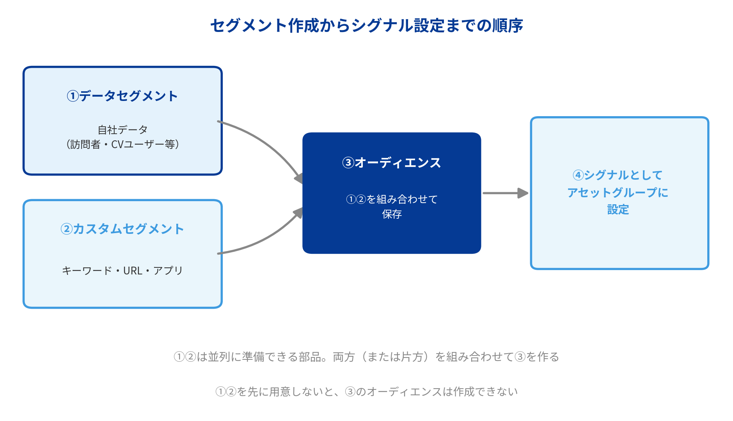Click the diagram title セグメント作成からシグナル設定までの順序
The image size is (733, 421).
coord(366,26)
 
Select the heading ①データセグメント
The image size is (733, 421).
coord(122,96)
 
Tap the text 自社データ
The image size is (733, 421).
coord(122,129)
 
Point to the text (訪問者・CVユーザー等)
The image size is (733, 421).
coord(122,144)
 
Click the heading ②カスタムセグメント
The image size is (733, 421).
coord(122,229)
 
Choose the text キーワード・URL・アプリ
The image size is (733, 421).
coord(122,271)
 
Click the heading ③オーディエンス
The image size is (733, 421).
coord(392,163)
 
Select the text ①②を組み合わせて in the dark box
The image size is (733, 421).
coord(392,199)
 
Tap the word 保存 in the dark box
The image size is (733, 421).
coord(392,214)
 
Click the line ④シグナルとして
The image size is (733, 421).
coord(618,175)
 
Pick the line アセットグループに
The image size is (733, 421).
coord(618,192)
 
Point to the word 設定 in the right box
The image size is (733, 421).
coord(618,209)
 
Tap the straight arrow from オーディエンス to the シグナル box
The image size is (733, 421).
coord(506,193)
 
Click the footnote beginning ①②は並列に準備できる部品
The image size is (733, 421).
coord(366,357)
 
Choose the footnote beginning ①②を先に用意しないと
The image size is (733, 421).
coord(366,391)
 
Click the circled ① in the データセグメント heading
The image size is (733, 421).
coord(73,96)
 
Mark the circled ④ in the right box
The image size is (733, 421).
coord(578,175)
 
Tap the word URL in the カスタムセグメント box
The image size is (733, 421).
coord(133,271)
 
